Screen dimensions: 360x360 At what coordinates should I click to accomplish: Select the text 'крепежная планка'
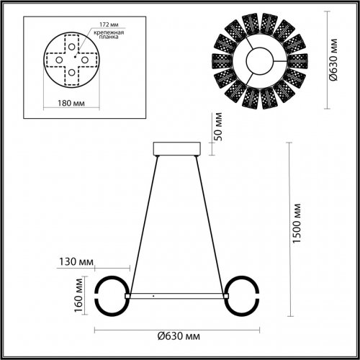pyautogui.click(x=104, y=37)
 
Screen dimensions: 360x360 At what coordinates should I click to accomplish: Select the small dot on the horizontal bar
pyautogui.click(x=153, y=295)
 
